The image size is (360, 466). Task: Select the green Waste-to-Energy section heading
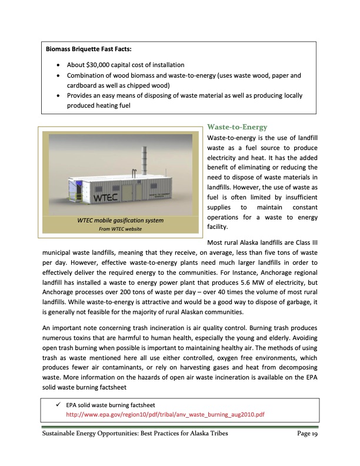(238, 127)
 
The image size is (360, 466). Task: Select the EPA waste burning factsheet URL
(165, 414)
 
